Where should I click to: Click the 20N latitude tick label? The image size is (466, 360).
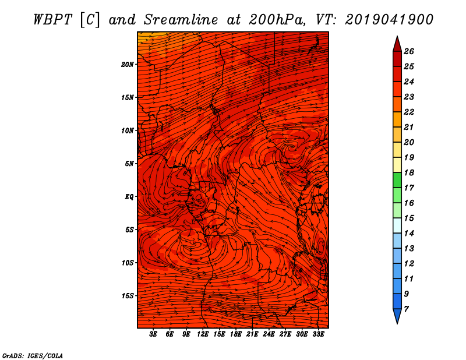[x=128, y=64]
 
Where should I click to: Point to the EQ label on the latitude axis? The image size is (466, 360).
[x=129, y=196]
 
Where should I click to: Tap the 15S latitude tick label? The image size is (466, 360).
[x=128, y=296]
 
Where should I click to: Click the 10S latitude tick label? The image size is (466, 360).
[x=128, y=263]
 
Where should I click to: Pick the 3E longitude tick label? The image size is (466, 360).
[x=154, y=334]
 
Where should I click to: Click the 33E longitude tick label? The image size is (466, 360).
[x=318, y=334]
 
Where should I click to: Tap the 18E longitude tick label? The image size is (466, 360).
[x=236, y=334]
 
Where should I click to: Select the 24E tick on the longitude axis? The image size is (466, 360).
[x=269, y=334]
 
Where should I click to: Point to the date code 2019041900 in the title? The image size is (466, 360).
[x=389, y=19]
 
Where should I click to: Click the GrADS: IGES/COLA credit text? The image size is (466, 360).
[x=32, y=355]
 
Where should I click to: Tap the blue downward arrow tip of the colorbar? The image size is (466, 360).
[x=397, y=317]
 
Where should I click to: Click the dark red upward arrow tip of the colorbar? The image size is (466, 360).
[x=397, y=43]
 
